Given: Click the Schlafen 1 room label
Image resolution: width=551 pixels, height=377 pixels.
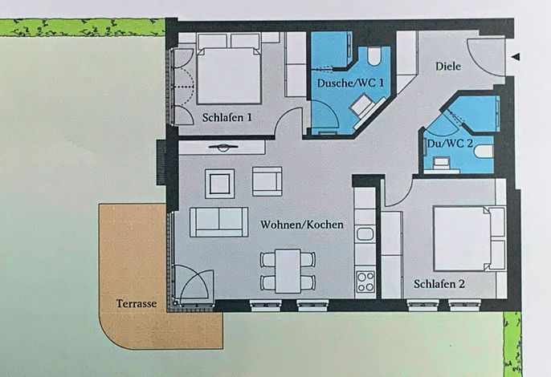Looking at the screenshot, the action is click(227, 117).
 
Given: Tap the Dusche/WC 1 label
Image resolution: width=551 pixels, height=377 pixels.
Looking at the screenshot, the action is click(350, 83).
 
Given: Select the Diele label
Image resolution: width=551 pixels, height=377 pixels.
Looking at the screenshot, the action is click(448, 66).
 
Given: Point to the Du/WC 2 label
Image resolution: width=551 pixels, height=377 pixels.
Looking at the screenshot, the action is click(450, 144).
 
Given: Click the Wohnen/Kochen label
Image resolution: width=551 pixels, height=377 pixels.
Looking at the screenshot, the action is click(302, 225).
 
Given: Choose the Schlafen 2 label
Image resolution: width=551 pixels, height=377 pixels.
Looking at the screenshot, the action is click(439, 284).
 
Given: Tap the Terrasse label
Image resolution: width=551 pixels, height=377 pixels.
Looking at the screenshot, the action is click(137, 303).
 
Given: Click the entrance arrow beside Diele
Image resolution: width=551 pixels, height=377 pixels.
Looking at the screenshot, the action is click(516, 56).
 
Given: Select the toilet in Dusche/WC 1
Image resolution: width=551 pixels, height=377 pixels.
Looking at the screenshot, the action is click(374, 56).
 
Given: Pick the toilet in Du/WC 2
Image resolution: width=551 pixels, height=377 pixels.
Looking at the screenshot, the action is click(484, 152).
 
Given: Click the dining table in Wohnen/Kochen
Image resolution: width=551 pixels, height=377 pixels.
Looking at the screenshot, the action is click(288, 271).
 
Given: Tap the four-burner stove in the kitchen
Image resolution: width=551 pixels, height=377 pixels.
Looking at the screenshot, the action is click(365, 282).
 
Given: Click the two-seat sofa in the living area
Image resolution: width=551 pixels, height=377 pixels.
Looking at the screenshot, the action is click(219, 222).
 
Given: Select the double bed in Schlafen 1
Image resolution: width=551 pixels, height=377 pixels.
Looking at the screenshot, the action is click(229, 75).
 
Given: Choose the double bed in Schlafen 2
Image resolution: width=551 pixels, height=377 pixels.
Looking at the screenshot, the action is click(461, 238).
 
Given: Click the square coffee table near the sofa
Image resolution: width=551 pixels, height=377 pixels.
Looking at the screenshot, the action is click(219, 184).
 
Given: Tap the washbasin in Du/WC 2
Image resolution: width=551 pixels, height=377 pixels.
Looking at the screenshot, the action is click(442, 164).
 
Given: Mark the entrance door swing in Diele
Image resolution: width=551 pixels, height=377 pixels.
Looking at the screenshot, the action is click(487, 57).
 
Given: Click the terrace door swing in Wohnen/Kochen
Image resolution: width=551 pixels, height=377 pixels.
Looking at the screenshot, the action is click(194, 285).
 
